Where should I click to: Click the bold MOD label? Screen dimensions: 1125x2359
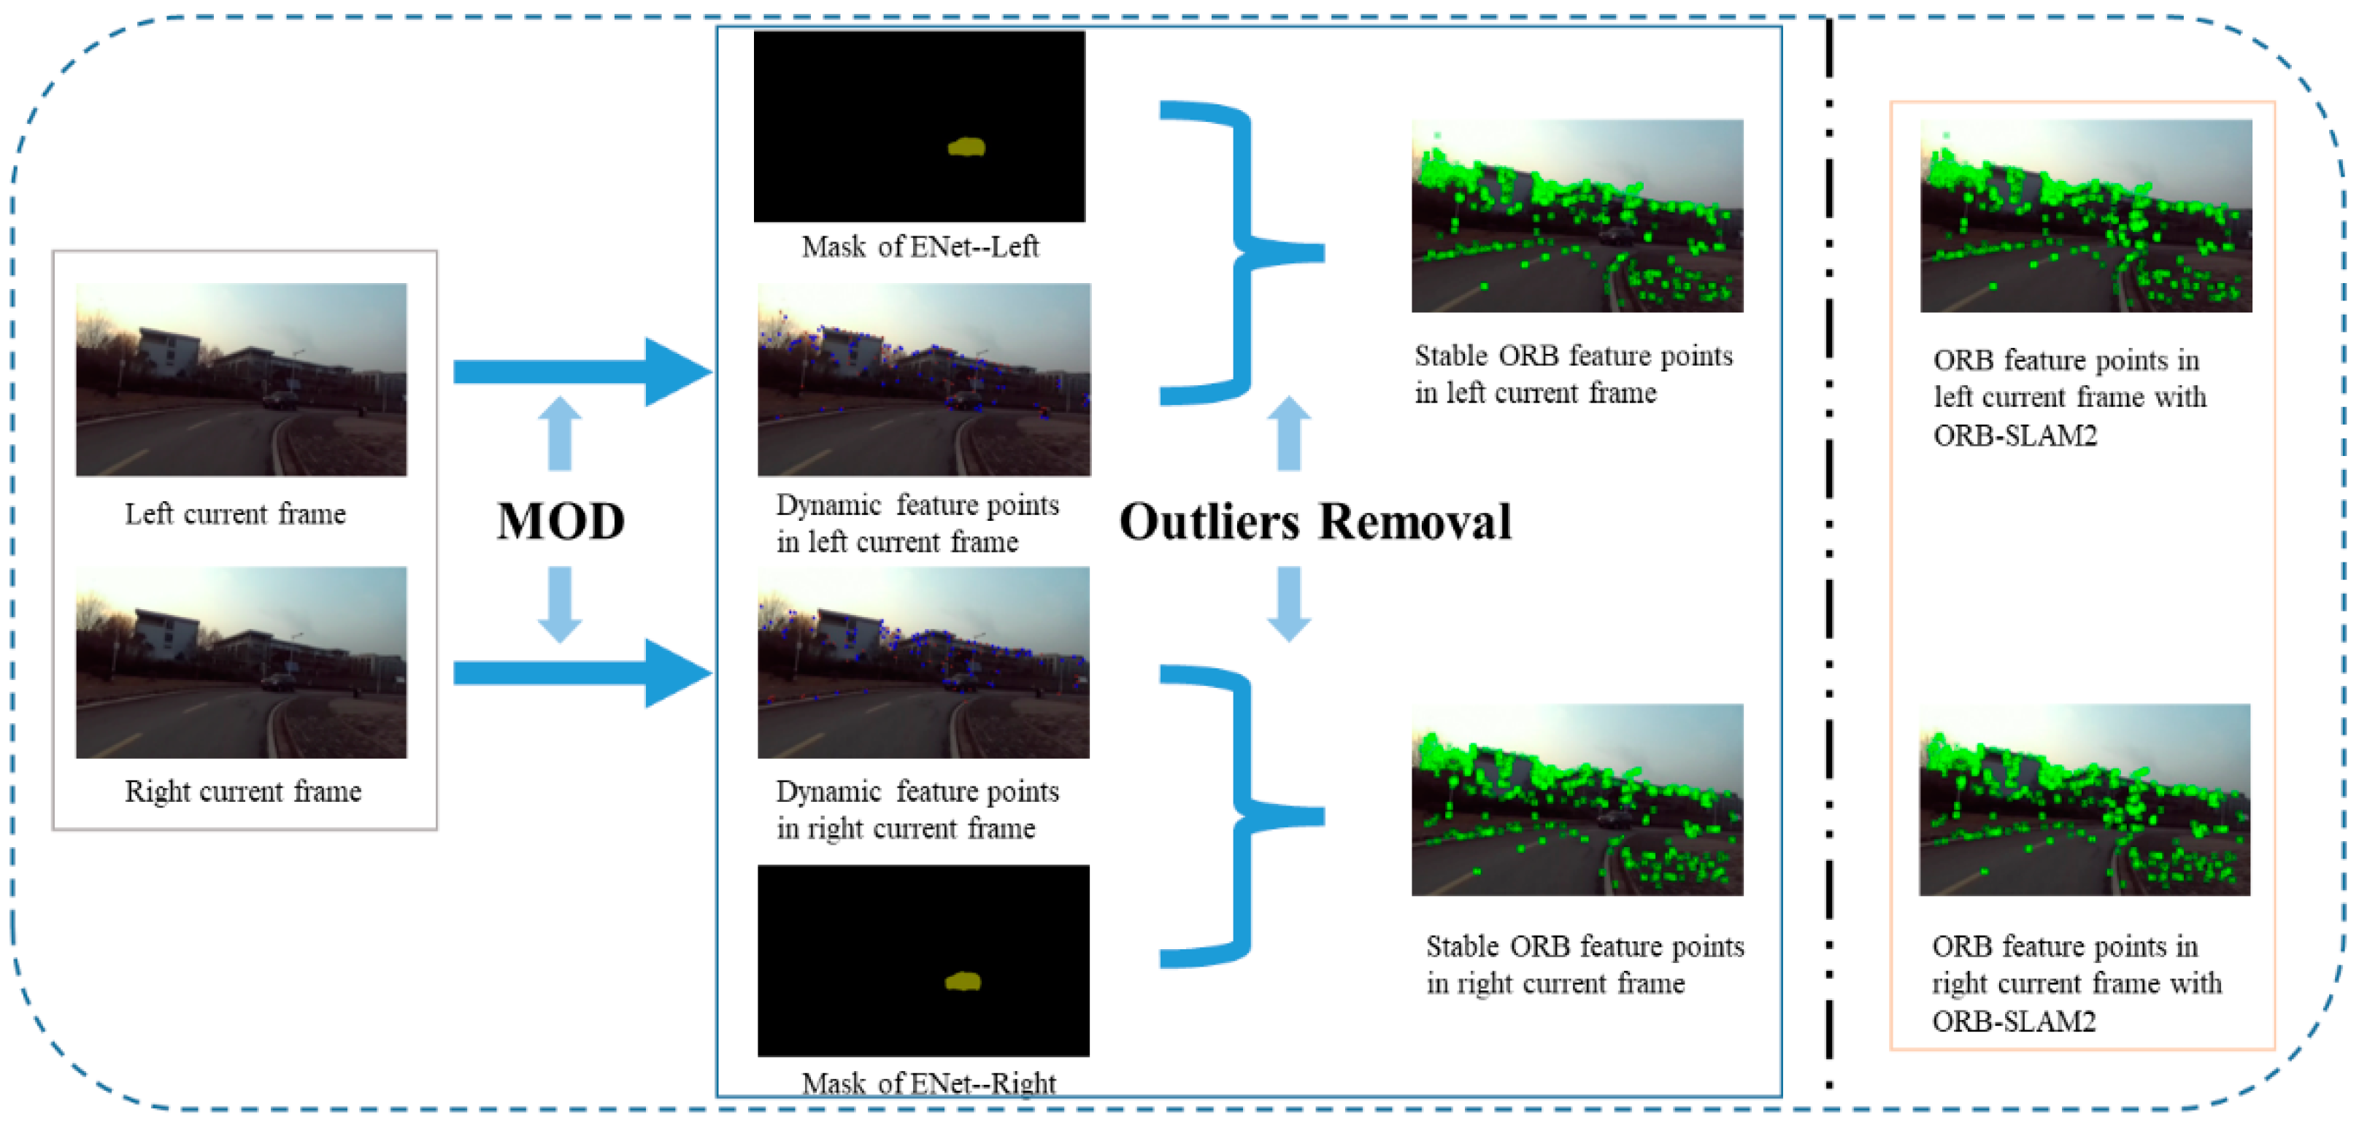coord(561,521)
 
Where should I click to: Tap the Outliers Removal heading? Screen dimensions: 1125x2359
coord(1315,522)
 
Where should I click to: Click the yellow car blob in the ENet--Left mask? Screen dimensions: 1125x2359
coord(966,147)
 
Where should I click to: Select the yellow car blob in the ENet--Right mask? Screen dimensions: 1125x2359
coord(963,982)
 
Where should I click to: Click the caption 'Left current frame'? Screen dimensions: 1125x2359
coord(235,514)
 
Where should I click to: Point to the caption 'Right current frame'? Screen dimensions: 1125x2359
coord(242,791)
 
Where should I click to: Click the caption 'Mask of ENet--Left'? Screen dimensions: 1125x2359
coord(920,247)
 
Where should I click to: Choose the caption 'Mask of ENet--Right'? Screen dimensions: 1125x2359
coord(928,1083)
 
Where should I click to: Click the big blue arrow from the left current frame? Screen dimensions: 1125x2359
coord(582,371)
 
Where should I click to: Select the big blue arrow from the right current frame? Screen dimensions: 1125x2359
coord(582,673)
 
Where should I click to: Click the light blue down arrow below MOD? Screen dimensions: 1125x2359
coord(560,604)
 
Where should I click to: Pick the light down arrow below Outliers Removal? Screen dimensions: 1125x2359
coord(1288,604)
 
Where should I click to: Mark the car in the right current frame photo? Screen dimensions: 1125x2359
coord(277,682)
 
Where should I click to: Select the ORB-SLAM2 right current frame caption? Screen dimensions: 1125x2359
coord(2076,983)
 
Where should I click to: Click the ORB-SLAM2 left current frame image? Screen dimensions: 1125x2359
coord(2085,216)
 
